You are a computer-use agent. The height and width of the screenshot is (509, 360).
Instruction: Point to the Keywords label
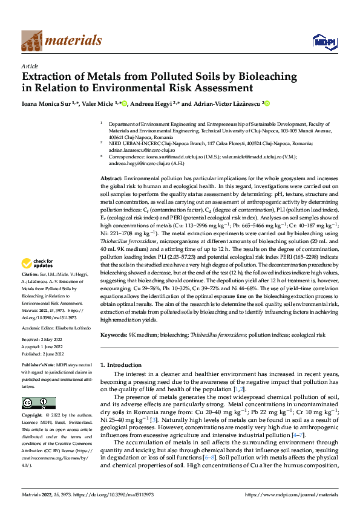click(113, 334)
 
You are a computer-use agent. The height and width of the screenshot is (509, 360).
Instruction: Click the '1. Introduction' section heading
click(120, 365)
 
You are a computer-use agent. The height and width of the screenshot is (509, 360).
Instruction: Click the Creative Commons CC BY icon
click(38, 403)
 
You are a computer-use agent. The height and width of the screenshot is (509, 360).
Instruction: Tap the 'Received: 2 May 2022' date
click(42, 341)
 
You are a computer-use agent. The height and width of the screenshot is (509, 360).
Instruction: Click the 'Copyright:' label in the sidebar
click(31, 416)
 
